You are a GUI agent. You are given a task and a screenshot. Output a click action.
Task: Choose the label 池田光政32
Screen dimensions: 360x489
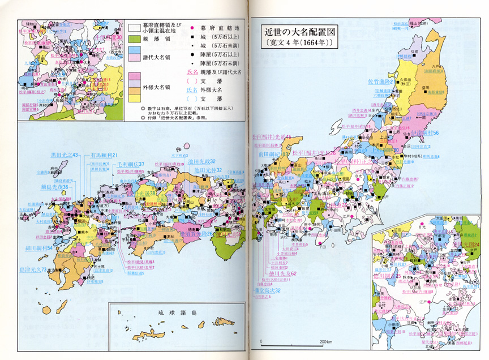pos(208,170)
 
